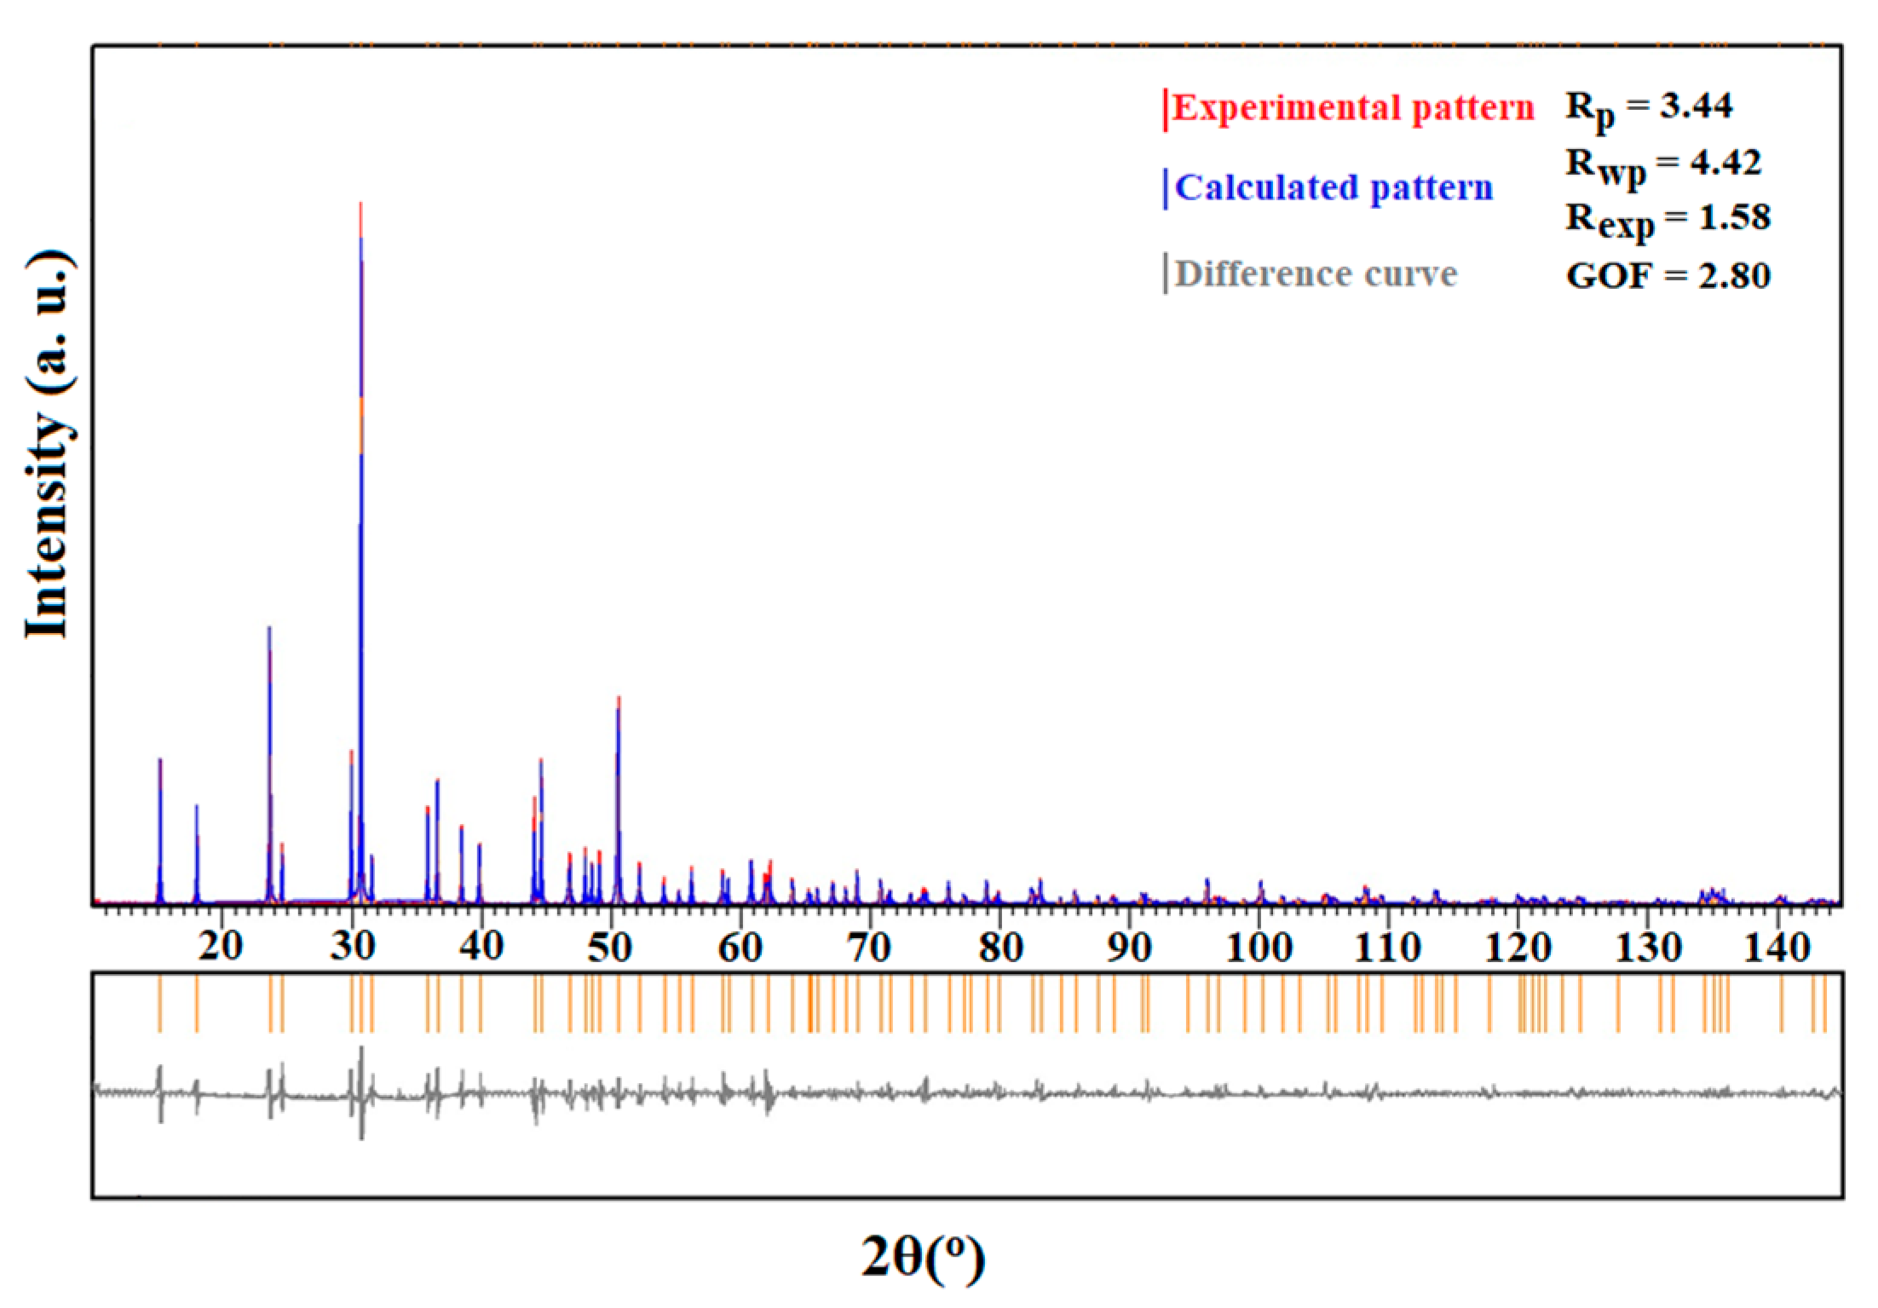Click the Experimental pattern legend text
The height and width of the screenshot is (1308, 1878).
tap(1352, 108)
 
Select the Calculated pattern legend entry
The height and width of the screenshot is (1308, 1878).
tap(1333, 187)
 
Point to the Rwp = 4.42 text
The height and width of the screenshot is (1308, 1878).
tap(1662, 164)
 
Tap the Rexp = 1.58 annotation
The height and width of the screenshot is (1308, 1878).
tap(1668, 220)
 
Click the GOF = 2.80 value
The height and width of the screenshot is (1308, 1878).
tap(1668, 275)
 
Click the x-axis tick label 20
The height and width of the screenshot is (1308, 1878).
tap(221, 946)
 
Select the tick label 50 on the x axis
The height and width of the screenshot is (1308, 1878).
tap(610, 946)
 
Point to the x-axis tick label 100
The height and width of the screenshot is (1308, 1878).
tap(1259, 946)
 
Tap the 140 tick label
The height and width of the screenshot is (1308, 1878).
tap(1777, 946)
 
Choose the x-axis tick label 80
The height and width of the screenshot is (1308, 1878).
tap(999, 946)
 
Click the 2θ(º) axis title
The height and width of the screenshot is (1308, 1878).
tap(923, 1256)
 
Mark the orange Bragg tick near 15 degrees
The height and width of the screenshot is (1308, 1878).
tap(159, 1004)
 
